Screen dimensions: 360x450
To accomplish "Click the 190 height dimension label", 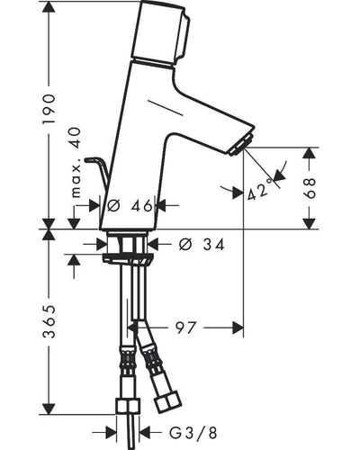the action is [x=49, y=109].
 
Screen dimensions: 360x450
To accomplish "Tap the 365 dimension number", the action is [x=49, y=321].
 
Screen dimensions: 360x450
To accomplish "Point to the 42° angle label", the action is [x=258, y=190].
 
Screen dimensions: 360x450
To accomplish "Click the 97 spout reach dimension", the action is [x=186, y=328].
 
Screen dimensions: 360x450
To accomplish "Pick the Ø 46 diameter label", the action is [x=130, y=206].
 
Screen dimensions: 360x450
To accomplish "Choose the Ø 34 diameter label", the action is [x=202, y=245].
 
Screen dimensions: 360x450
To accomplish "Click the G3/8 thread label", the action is [x=193, y=433].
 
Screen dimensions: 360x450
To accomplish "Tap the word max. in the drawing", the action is [x=76, y=181].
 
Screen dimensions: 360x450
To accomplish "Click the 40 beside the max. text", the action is [x=76, y=139].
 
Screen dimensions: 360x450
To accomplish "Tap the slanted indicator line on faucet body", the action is [x=166, y=107].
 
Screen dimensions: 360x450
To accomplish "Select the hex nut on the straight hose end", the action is [x=128, y=406].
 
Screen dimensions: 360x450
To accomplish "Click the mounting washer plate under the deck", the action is [x=128, y=259].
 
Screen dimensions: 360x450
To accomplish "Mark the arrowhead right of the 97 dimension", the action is [x=238, y=328].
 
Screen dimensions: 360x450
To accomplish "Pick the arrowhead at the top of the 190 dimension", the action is [x=49, y=6].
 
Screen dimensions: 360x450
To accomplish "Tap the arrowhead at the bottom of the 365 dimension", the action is [x=49, y=409].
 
